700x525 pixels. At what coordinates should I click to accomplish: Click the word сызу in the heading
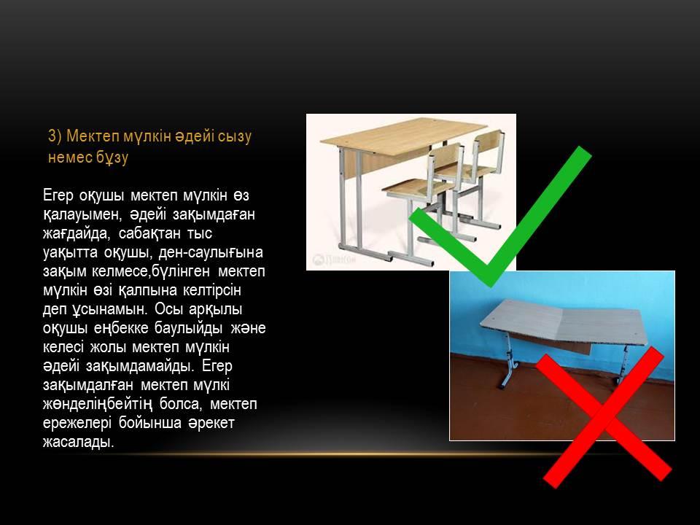pos(235,136)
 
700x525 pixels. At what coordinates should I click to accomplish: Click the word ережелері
pos(77,423)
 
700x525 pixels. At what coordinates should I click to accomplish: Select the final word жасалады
pos(79,442)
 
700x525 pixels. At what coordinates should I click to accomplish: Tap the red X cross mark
pos(604,417)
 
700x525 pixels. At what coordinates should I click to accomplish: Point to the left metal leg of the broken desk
pos(508,362)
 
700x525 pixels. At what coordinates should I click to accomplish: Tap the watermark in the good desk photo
pos(334,260)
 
